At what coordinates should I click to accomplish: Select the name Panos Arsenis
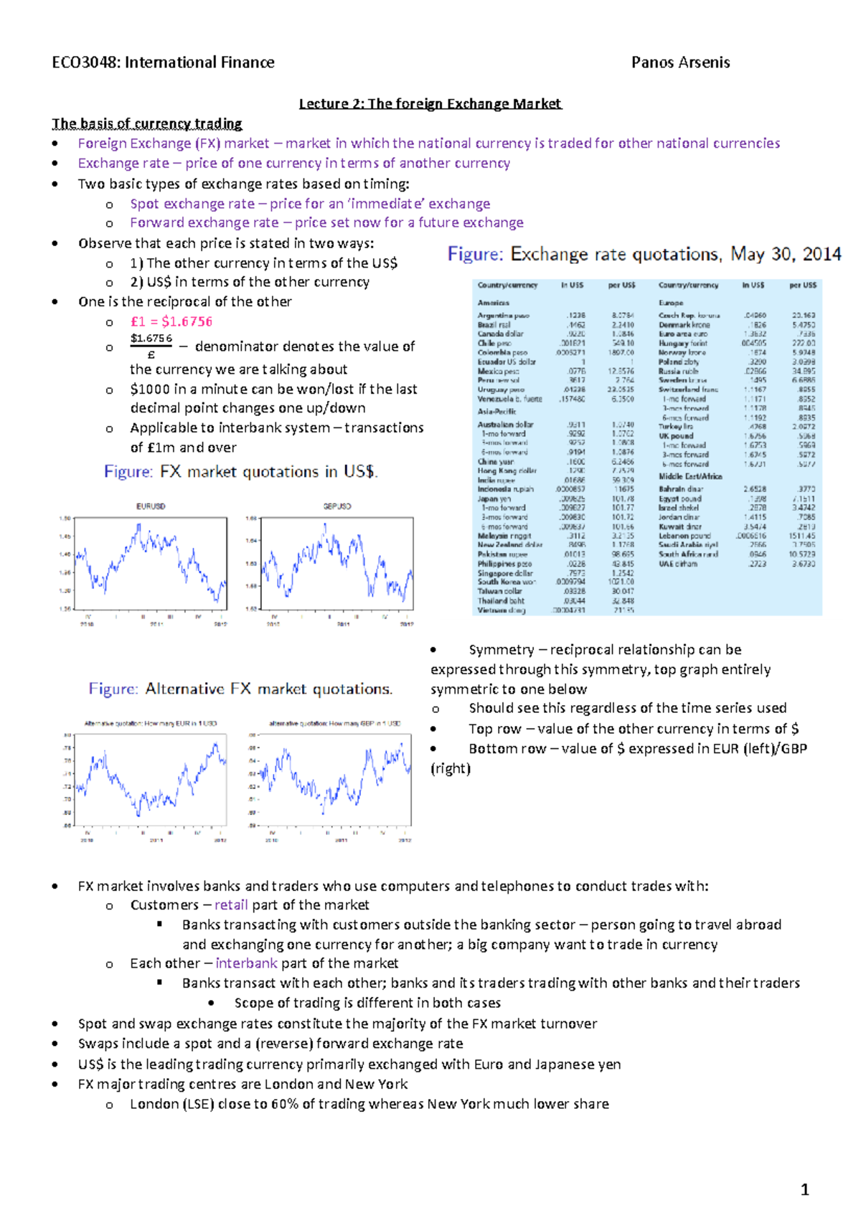pyautogui.click(x=680, y=62)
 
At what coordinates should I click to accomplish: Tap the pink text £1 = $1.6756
pyautogui.click(x=171, y=321)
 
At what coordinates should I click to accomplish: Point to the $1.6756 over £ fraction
pyautogui.click(x=151, y=346)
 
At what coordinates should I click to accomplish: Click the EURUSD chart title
pyautogui.click(x=151, y=506)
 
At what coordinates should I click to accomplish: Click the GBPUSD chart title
pyautogui.click(x=337, y=506)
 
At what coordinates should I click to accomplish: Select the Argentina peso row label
pyautogui.click(x=504, y=316)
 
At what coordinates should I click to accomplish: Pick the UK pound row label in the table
pyautogui.click(x=676, y=435)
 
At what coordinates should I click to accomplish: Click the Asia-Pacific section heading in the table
pyautogui.click(x=497, y=412)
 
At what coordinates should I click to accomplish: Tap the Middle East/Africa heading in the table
pyautogui.click(x=690, y=476)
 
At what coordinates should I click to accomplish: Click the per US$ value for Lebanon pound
pyautogui.click(x=801, y=536)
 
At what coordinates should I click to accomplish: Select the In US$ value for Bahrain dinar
pyautogui.click(x=754, y=489)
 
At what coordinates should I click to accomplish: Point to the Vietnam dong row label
pyautogui.click(x=502, y=610)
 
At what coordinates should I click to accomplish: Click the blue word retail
pyautogui.click(x=231, y=905)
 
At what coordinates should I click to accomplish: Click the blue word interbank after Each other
pyautogui.click(x=246, y=963)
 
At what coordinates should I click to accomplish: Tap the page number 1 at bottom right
pyautogui.click(x=804, y=1190)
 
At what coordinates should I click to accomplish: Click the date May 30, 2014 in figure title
pyautogui.click(x=786, y=254)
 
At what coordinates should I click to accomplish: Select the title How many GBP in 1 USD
pyautogui.click(x=334, y=723)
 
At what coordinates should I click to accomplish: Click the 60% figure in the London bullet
pyautogui.click(x=284, y=1104)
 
